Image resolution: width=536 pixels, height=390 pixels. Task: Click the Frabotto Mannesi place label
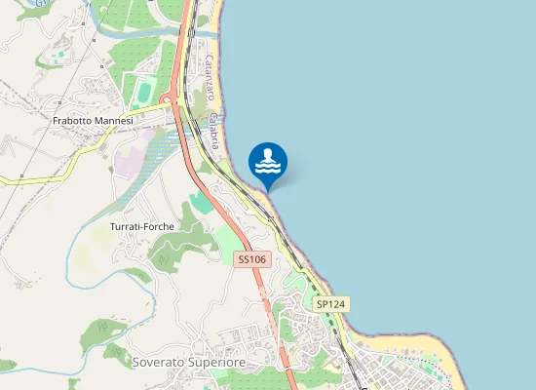click(x=93, y=121)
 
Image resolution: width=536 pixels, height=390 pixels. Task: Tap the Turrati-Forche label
click(x=141, y=226)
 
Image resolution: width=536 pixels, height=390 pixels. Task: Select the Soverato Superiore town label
click(x=188, y=362)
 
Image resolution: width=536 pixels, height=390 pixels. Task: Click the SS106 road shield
click(x=251, y=259)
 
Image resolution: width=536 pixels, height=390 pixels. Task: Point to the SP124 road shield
click(x=331, y=304)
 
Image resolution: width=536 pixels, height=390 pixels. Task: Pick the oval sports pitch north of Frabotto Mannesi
click(x=144, y=93)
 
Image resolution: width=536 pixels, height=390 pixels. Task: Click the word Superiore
click(x=217, y=362)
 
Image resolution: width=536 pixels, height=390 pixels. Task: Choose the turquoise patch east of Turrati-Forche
click(x=199, y=202)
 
